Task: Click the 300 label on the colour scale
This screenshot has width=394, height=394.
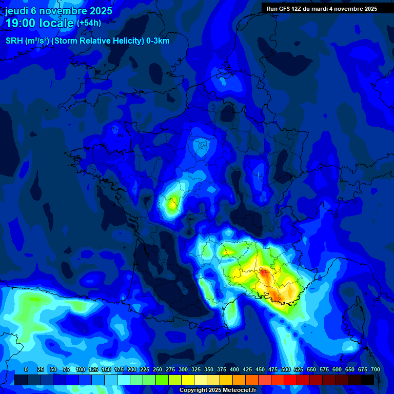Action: [x=183, y=369]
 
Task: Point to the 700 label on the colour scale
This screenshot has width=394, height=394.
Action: [x=375, y=369]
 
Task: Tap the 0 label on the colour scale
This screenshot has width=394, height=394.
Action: [x=26, y=369]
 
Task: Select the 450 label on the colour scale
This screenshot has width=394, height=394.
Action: [x=260, y=369]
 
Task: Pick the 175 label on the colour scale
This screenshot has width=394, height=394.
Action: [x=119, y=369]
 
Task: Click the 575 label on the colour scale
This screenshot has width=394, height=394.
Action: [x=324, y=369]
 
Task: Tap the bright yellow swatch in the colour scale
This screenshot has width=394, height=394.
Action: [x=188, y=380]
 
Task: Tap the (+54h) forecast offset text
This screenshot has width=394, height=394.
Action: [x=89, y=23]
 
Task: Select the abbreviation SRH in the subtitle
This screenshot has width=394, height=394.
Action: [x=14, y=41]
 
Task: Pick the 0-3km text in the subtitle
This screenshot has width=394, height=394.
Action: [x=157, y=41]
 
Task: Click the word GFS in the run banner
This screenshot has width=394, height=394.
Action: [x=287, y=9]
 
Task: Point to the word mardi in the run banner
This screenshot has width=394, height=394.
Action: [x=322, y=9]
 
